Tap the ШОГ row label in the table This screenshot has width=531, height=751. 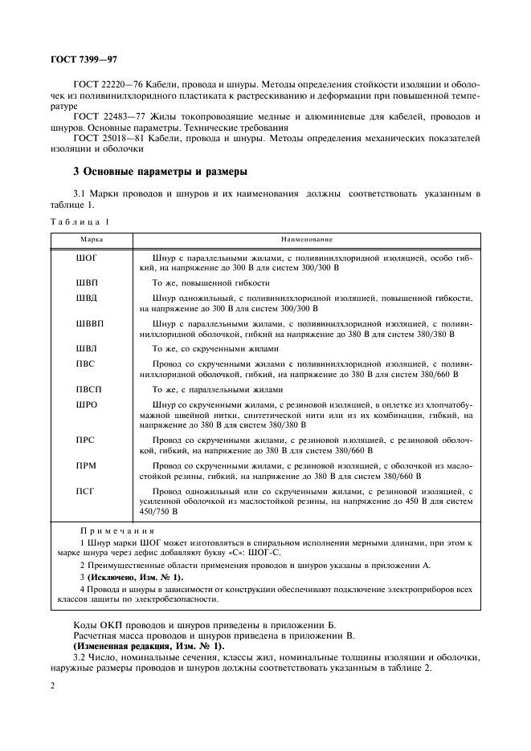pyautogui.click(x=86, y=259)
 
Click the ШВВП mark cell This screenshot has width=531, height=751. pyautogui.click(x=89, y=323)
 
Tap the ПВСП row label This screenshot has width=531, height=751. pyautogui.click(x=88, y=390)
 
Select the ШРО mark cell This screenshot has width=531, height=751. pyautogui.click(x=87, y=405)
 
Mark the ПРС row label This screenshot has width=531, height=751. pyautogui.click(x=86, y=440)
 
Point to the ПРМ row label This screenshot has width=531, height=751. pyautogui.click(x=86, y=465)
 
